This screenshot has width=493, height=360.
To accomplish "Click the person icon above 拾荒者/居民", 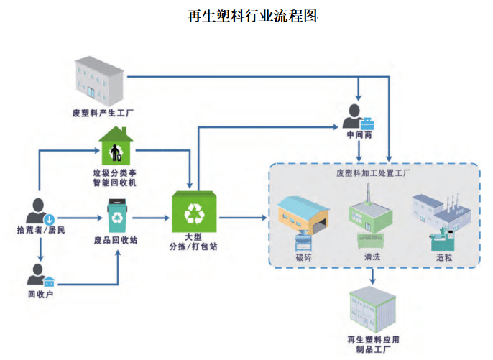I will coord(40,209).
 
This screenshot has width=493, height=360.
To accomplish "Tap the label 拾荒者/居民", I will coord(41,230).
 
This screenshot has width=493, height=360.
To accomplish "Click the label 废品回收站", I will coord(115,241).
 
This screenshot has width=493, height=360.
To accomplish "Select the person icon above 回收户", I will coord(40,275).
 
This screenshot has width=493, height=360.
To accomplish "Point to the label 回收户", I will coord(40,294).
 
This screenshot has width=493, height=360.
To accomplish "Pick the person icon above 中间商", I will coord(356,116).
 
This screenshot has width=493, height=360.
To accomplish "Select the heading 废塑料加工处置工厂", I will coord(372,173).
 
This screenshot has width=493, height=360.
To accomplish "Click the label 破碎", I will coord(304,256).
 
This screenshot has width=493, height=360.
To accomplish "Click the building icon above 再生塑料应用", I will coord(372,310).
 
